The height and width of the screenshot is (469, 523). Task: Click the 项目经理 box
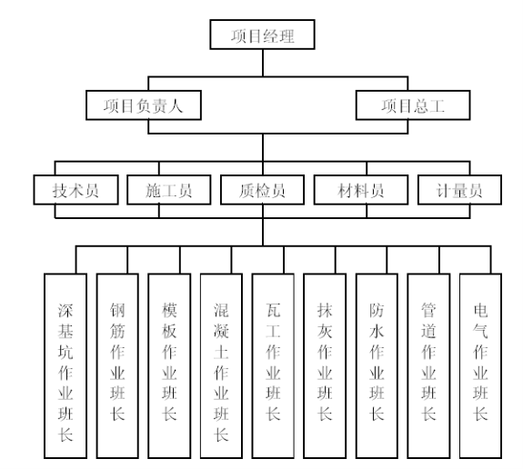click(262, 35)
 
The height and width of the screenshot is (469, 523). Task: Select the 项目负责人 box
click(144, 105)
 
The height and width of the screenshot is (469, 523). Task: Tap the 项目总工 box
click(413, 105)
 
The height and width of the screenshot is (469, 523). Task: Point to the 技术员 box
click(75, 190)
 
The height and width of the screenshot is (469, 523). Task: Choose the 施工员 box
click(169, 190)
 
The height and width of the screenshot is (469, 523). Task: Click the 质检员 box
click(262, 190)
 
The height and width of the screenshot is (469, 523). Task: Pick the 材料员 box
click(361, 190)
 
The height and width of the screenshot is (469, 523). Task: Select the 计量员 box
click(459, 190)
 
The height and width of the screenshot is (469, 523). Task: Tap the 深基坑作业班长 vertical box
click(65, 366)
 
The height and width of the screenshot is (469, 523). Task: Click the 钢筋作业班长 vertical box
click(117, 366)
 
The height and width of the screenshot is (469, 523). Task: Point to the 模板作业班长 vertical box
click(169, 366)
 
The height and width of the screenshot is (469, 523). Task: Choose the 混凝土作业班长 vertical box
click(221, 366)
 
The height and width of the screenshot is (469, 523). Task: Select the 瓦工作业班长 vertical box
click(273, 366)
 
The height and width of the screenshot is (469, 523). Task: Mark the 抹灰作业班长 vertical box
click(325, 366)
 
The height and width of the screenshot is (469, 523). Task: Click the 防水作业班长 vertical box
click(377, 366)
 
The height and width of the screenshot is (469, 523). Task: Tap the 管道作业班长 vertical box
click(428, 366)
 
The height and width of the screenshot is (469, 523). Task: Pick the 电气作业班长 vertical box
click(480, 366)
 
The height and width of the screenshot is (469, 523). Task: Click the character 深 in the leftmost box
click(65, 310)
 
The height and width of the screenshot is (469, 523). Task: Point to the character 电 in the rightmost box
click(480, 310)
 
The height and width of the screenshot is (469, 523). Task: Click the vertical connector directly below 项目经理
click(263, 63)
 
